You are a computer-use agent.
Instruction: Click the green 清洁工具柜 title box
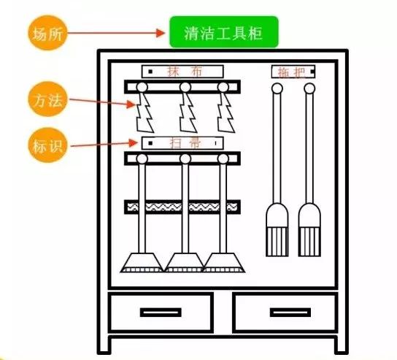[223, 32]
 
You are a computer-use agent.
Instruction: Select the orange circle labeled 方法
[47, 100]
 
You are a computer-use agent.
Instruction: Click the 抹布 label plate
[182, 72]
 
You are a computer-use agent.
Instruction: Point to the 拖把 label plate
[293, 72]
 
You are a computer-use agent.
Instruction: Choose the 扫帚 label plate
[182, 142]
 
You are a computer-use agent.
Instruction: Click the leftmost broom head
[142, 262]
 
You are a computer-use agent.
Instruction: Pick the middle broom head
[185, 262]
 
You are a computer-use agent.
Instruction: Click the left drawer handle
[161, 313]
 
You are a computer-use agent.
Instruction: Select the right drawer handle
[290, 313]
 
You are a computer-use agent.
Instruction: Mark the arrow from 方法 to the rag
[102, 102]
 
